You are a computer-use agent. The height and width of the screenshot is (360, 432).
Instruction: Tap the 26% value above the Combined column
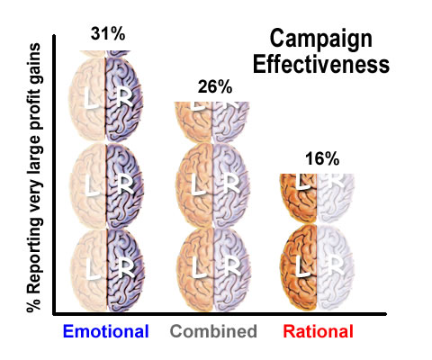pyautogui.click(x=215, y=87)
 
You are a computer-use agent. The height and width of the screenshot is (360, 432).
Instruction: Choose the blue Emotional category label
pyautogui.click(x=105, y=331)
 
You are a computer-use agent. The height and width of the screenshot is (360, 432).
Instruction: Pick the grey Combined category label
pyautogui.click(x=215, y=331)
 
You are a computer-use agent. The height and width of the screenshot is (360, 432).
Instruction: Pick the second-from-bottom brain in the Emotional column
pyautogui.click(x=105, y=186)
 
